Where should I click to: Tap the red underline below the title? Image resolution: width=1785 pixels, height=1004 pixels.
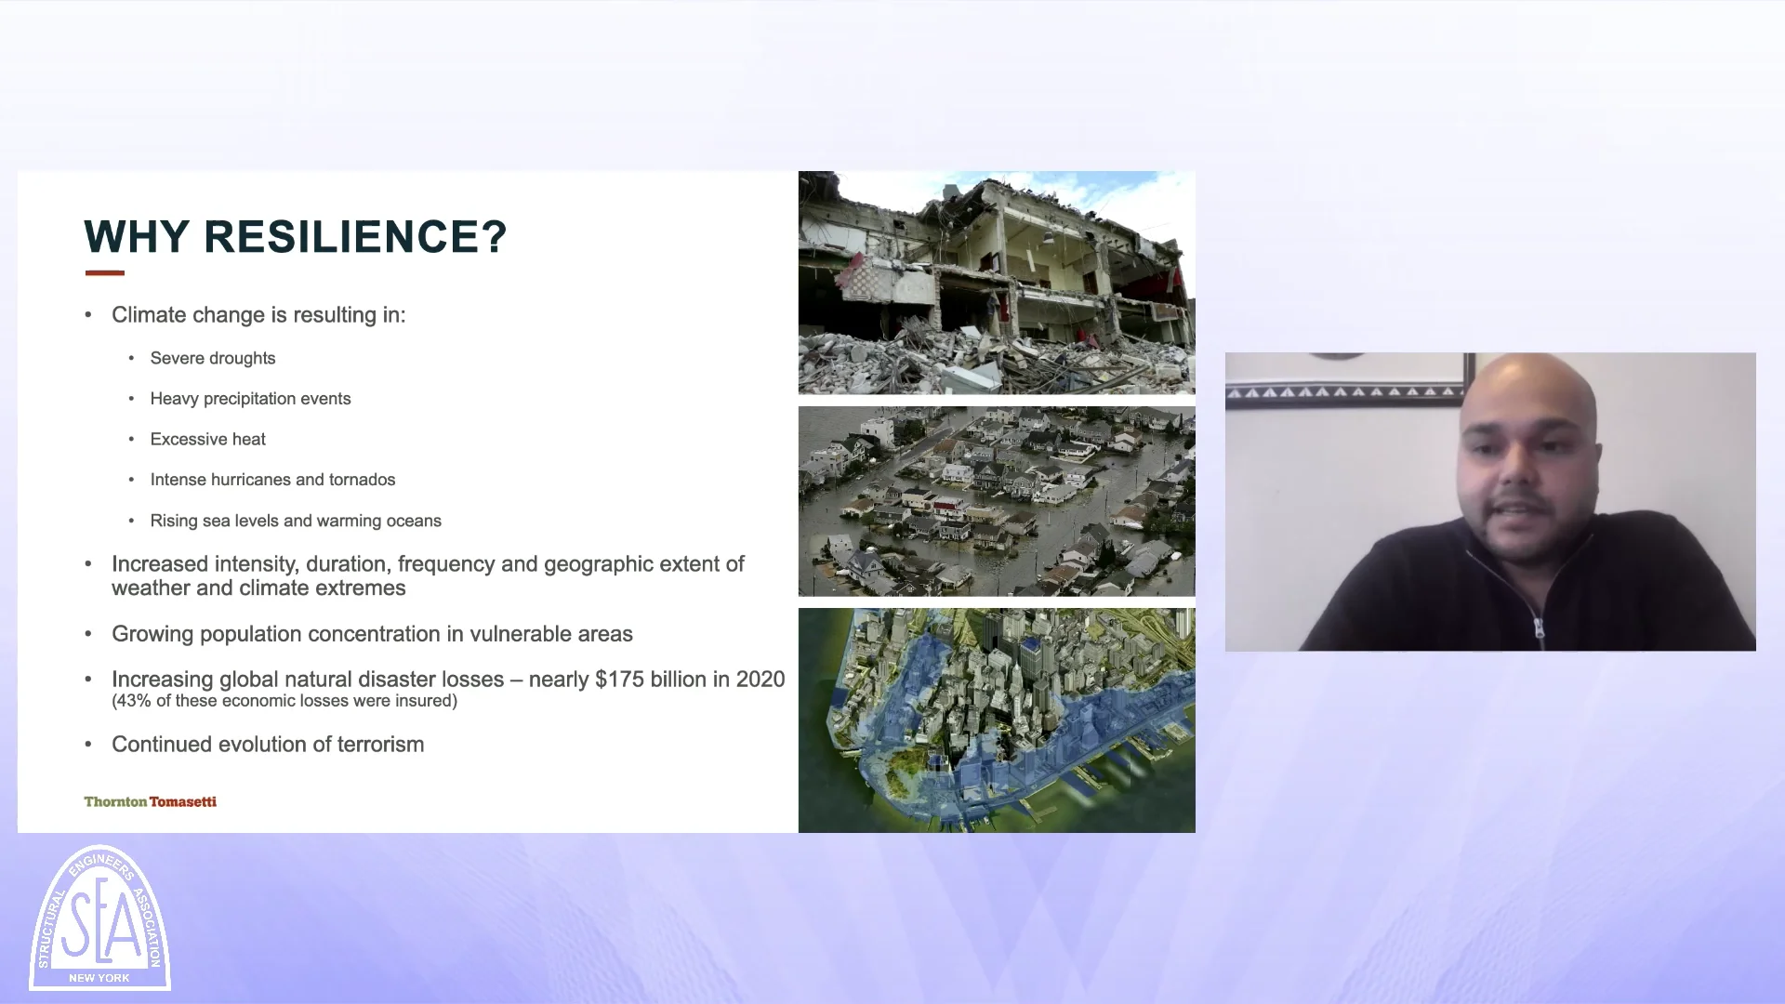pyautogui.click(x=104, y=273)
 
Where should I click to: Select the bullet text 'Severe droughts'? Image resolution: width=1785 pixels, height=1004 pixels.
pyautogui.click(x=213, y=359)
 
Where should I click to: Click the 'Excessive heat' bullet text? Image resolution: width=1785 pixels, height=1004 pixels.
pyautogui.click(x=208, y=440)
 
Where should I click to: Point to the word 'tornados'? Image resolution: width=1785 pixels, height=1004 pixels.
pyautogui.click(x=362, y=480)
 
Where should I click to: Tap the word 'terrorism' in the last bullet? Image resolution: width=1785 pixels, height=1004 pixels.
pyautogui.click(x=377, y=745)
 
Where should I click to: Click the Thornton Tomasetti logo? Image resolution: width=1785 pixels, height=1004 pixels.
pyautogui.click(x=151, y=801)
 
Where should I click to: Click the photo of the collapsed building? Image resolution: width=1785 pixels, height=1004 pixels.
pyautogui.click(x=997, y=283)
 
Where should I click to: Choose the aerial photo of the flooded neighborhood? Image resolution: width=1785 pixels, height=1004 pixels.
pyautogui.click(x=997, y=501)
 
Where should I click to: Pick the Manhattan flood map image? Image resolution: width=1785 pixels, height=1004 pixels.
pyautogui.click(x=997, y=720)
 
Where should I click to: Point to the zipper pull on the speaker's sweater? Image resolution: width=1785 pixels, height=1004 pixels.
pyautogui.click(x=1540, y=631)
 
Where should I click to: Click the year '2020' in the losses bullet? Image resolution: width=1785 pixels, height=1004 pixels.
pyautogui.click(x=760, y=680)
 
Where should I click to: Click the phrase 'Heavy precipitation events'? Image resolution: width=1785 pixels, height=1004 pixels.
pyautogui.click(x=251, y=399)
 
